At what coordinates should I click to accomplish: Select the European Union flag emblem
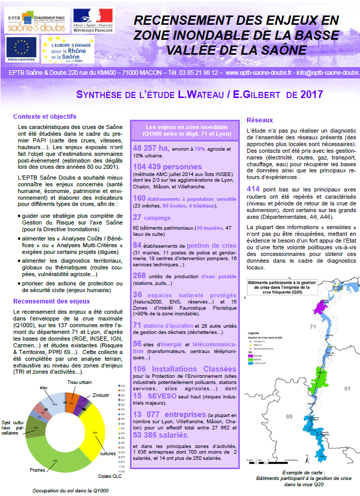[x=21, y=47]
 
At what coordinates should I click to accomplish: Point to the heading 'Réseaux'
[x=260, y=120]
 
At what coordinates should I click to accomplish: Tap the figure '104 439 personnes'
[x=167, y=167]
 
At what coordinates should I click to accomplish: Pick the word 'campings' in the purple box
[x=160, y=219]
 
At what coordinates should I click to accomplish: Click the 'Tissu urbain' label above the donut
[x=80, y=382]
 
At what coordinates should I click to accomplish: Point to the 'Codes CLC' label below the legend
[x=110, y=475]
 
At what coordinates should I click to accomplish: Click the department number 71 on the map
[x=312, y=327]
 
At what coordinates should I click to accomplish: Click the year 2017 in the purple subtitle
[x=310, y=94]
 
